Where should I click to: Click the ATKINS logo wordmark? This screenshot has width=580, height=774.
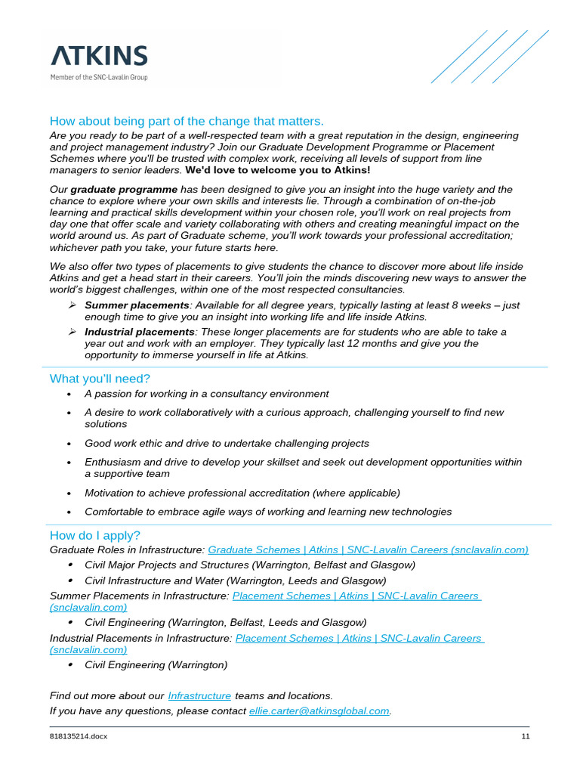(99, 56)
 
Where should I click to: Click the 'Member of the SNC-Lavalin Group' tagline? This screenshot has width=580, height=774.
(99, 77)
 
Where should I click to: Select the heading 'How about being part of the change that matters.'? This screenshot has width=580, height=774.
(187, 122)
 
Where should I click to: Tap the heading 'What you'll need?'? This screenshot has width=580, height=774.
(100, 378)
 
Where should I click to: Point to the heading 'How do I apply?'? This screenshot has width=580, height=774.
(95, 535)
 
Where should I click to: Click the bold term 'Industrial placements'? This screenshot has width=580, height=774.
(140, 332)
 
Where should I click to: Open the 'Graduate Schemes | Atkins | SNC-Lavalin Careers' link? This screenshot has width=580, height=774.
(368, 550)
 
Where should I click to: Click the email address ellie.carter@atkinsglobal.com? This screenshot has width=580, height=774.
(319, 711)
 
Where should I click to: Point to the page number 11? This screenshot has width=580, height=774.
(526, 737)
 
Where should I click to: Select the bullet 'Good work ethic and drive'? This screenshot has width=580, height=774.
(227, 443)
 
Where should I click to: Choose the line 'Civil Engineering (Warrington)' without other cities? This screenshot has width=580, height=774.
(156, 665)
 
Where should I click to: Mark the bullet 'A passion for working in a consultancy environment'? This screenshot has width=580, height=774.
(206, 394)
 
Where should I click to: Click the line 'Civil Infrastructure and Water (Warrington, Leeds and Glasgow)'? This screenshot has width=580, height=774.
(235, 580)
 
